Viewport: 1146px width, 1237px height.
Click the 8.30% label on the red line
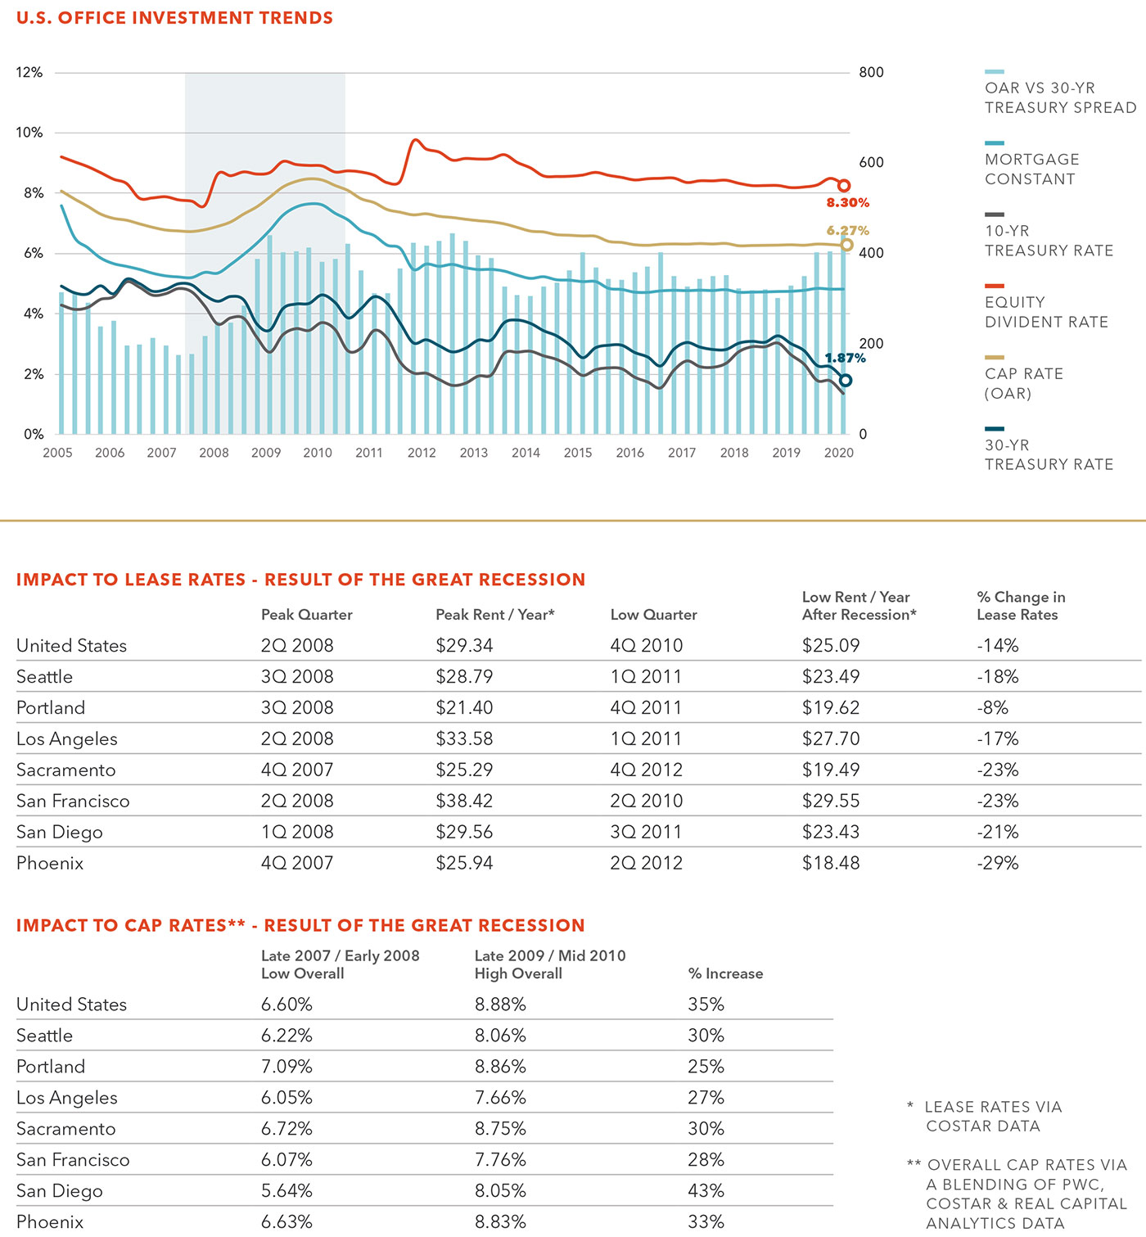click(x=847, y=202)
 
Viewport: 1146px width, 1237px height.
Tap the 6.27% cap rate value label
click(x=847, y=231)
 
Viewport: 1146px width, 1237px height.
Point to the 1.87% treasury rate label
click(x=845, y=358)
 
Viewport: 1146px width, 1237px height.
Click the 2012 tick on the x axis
click(x=422, y=453)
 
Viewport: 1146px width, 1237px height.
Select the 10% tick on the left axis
click(x=29, y=132)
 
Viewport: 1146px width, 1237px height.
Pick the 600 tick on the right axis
click(x=871, y=163)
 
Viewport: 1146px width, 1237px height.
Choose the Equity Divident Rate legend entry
click(x=1046, y=307)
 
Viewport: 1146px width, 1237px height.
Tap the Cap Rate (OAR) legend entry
click(x=1024, y=378)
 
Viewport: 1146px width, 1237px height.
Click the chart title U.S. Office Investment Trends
click(x=174, y=17)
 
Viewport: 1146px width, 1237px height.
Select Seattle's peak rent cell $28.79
click(x=464, y=676)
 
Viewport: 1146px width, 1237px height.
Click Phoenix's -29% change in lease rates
click(x=997, y=863)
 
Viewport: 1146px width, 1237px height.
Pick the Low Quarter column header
click(x=653, y=615)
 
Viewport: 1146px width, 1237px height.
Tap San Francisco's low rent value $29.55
click(x=830, y=801)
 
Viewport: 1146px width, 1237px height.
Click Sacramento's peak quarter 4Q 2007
click(x=297, y=770)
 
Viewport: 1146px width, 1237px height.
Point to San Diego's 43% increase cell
click(x=706, y=1191)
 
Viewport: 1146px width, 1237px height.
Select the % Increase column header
click(x=725, y=973)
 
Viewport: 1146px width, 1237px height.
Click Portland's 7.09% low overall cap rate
click(x=286, y=1067)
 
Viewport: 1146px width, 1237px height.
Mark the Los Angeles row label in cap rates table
click(x=66, y=1098)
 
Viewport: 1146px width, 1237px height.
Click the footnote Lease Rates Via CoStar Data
click(x=986, y=1116)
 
